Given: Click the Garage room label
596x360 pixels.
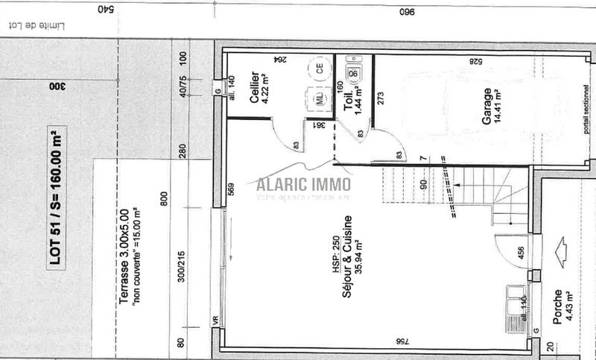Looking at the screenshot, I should point(486,107).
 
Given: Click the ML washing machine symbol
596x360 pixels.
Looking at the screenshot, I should point(320,98).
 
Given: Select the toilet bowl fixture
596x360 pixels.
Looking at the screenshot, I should point(355,72).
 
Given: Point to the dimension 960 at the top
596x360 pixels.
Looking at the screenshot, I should point(406,12).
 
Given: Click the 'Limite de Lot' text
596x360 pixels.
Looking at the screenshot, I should point(45,25).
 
